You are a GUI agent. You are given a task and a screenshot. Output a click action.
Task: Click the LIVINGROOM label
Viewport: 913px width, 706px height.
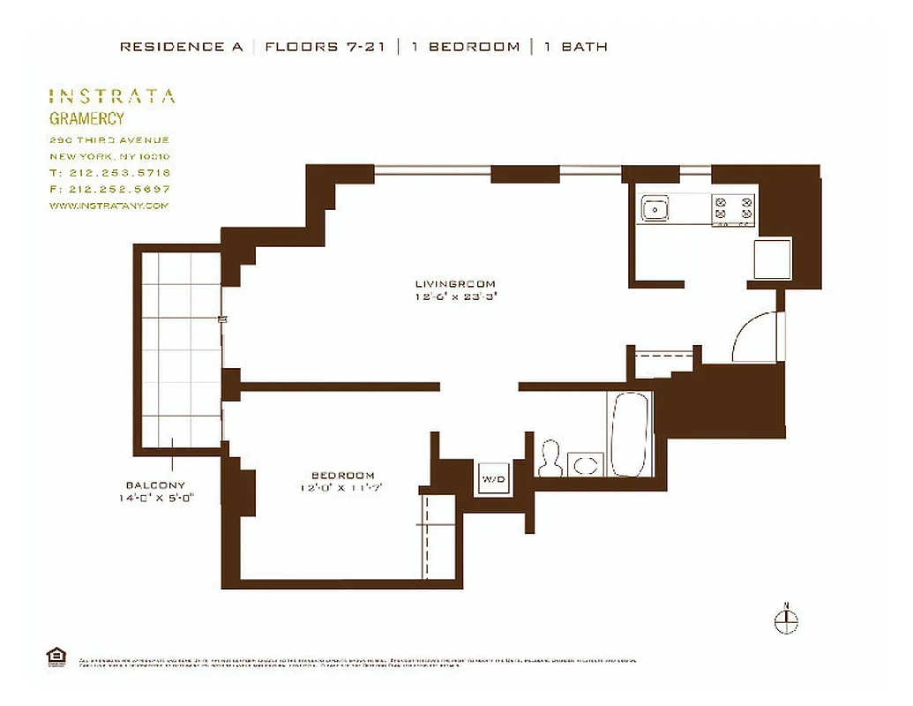455,284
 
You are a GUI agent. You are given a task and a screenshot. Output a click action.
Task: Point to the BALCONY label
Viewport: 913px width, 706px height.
155,485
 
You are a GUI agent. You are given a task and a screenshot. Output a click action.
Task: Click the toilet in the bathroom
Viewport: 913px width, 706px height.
551,457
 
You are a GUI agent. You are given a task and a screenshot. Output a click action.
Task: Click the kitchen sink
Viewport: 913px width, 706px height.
655,210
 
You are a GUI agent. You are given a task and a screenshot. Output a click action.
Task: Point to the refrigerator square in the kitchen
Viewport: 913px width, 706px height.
772,258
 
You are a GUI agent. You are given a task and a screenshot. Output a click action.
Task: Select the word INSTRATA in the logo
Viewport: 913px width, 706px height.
111,96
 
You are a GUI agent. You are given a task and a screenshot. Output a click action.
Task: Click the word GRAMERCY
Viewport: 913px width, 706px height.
86,119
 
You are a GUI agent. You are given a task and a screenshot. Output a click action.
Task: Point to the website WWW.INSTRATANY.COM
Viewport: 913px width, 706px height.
108,206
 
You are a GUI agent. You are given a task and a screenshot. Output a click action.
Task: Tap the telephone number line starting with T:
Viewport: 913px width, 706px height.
109,173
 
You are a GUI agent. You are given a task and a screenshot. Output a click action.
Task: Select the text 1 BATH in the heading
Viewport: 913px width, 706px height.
575,47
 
